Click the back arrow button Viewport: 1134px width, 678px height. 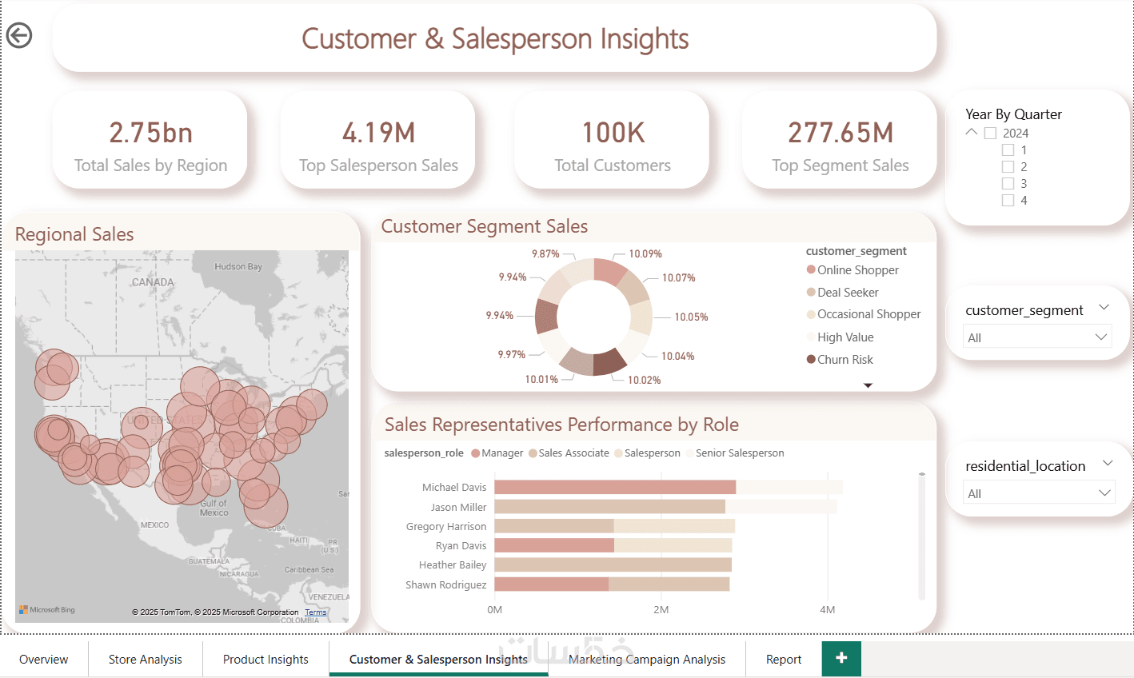19,35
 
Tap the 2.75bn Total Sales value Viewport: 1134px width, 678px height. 150,133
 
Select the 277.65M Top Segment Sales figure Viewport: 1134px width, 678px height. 840,133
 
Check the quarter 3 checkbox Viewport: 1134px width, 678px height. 1008,184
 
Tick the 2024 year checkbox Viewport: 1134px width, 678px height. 991,134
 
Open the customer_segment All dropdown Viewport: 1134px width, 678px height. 1036,337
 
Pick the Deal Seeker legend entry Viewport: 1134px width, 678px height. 847,293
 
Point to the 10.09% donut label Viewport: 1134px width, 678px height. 645,254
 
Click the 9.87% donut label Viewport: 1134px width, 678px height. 545,254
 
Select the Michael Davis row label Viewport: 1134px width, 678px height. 453,488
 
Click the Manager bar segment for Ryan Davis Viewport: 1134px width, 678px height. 553,545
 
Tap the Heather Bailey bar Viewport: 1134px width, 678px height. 613,564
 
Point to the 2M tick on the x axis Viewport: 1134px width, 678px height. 661,610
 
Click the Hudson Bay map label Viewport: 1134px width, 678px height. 238,267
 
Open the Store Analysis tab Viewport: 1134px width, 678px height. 145,660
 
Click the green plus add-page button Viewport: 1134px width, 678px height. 841,658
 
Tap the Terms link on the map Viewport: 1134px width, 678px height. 316,612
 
